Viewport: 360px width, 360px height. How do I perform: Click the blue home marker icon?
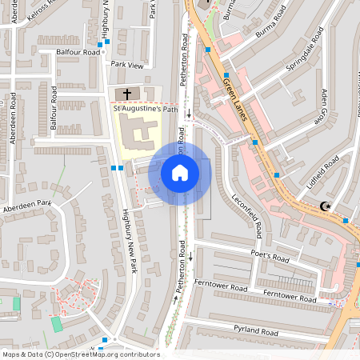tap(180, 172)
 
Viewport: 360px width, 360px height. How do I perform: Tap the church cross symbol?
tap(126, 94)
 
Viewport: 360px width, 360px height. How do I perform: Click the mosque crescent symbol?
tap(326, 206)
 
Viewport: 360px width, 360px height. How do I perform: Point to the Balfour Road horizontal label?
tap(78, 52)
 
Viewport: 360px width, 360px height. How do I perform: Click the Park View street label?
tap(127, 65)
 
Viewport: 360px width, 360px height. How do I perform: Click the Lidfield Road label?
tap(323, 172)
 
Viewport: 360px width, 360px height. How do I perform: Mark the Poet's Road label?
tap(270, 258)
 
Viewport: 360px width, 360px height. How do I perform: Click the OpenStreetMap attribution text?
tap(80, 354)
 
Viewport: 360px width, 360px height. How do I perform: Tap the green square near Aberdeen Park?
tap(56, 324)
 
